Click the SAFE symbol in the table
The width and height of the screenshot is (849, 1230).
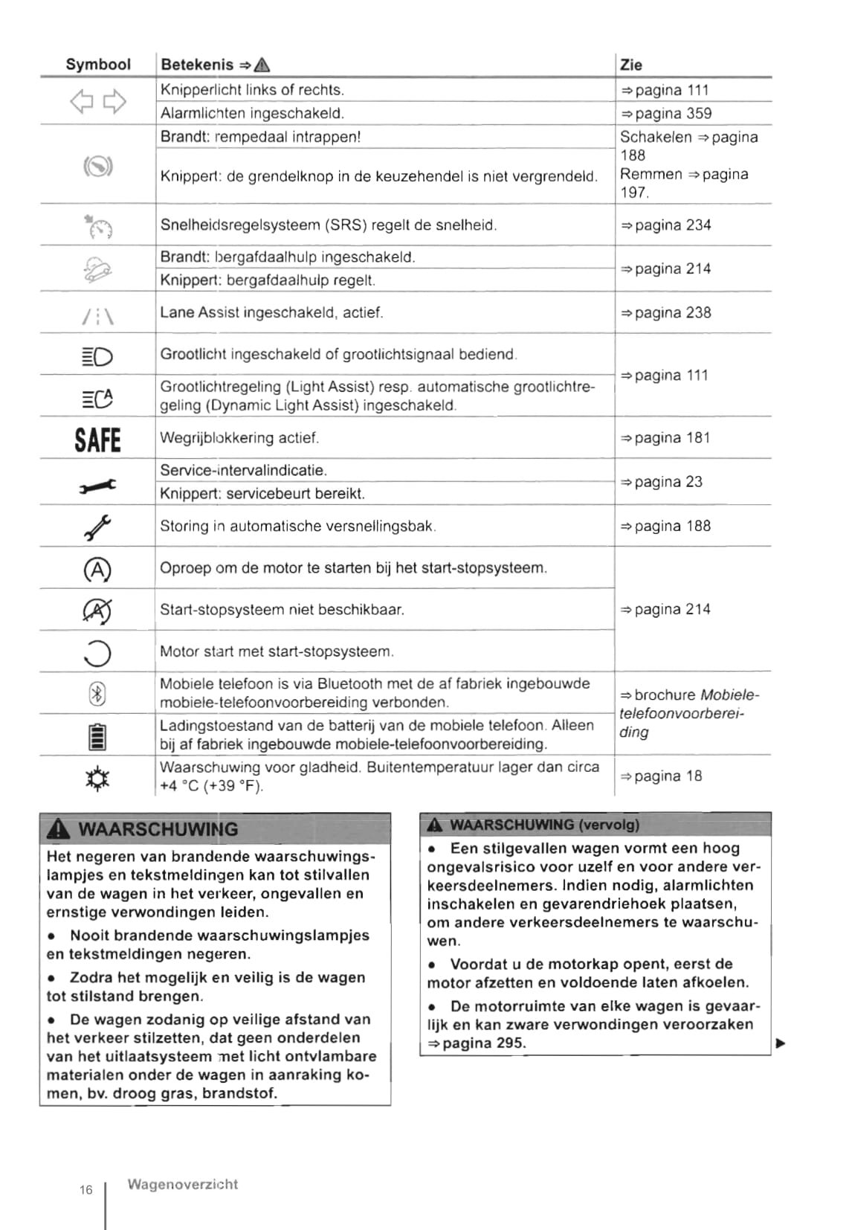pos(97,439)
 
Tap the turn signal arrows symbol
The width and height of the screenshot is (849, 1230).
pos(98,102)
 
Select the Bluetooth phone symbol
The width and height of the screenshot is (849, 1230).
pos(97,694)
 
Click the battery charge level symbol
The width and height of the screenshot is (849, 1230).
pos(97,736)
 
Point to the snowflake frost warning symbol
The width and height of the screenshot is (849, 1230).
pos(97,778)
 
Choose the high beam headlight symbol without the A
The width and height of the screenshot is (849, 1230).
pos(97,358)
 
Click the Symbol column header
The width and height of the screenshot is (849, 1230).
pos(98,65)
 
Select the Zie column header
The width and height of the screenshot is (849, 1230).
pos(631,65)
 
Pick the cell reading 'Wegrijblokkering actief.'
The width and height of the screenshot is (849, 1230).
pos(239,438)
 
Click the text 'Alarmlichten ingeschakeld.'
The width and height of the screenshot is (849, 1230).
pos(252,114)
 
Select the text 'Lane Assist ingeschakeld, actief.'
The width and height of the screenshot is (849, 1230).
pos(271,312)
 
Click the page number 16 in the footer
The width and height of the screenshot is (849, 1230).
pos(86,1190)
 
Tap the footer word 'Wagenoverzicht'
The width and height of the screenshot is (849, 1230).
pos(182,1185)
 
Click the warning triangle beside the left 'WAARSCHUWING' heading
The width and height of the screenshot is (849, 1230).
pos(58,829)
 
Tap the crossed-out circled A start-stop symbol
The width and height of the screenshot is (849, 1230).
pos(97,611)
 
